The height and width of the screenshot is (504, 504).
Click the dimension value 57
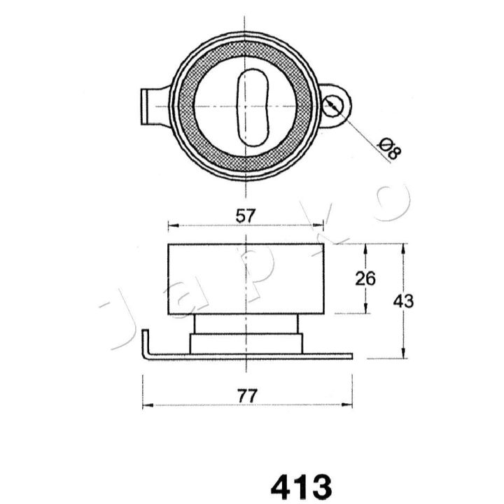246,216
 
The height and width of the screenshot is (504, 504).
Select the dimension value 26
365,279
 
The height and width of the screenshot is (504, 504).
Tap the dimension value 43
404,301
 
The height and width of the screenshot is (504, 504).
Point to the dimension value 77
248,396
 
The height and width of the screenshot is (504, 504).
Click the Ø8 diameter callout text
390,148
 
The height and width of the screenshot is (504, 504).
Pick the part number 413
301,486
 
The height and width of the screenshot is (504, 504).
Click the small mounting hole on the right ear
333,106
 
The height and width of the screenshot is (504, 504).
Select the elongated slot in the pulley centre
253,108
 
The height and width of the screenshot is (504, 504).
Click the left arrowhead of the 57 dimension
173,225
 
